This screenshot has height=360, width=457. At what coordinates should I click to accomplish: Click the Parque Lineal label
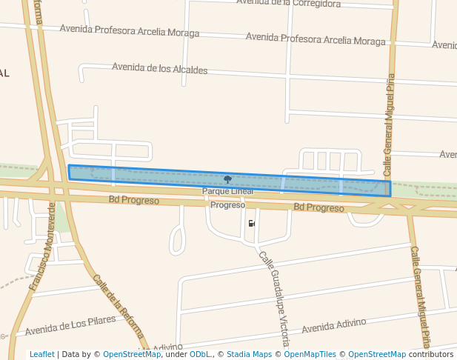coord(227,191)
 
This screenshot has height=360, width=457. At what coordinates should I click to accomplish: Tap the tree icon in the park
coord(227,179)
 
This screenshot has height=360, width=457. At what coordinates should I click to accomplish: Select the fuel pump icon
coord(253,223)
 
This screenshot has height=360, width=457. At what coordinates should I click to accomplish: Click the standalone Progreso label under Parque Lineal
coord(227,204)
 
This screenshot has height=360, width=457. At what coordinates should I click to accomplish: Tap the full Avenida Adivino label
coord(334,324)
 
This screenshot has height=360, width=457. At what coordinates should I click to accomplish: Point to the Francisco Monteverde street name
coord(43,246)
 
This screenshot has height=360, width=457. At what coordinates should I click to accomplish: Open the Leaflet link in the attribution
coord(41,354)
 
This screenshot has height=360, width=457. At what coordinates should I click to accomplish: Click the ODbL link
coord(200,354)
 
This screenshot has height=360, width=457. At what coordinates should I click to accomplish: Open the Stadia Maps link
coord(249,354)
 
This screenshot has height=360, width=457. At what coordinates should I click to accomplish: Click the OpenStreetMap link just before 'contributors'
coord(377,354)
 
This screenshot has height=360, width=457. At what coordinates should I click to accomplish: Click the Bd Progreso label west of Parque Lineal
coord(134,200)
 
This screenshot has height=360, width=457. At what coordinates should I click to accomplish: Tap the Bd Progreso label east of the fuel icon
coord(318,207)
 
